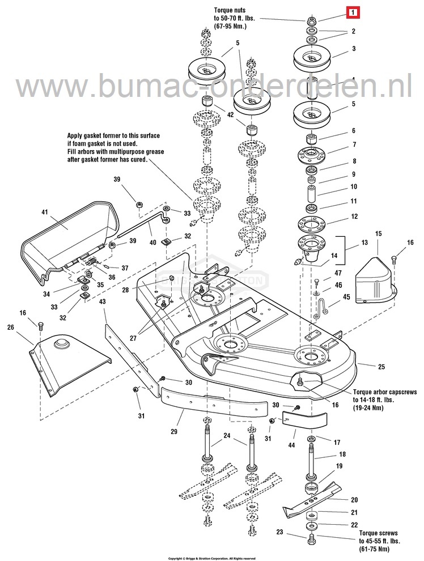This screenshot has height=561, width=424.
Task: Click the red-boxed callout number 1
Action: pos(353,11)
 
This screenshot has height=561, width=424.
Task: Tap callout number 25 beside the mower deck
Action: pos(365,367)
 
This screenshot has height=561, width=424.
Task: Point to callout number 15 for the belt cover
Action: pos(378,233)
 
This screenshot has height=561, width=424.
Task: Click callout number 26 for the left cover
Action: pos(10,327)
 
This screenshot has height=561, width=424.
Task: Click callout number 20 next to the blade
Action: pos(354,500)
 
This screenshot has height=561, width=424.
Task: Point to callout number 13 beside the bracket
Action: pos(362,242)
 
